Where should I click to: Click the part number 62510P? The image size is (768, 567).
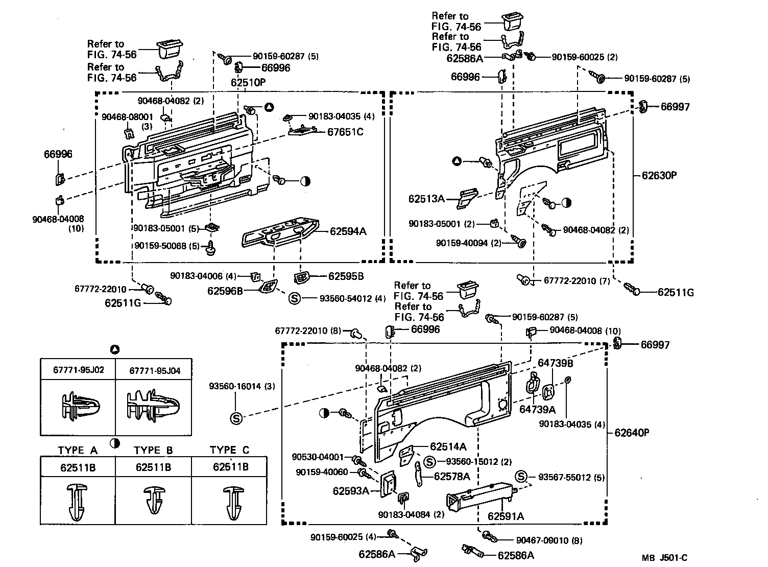249,82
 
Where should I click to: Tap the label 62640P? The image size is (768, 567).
631,433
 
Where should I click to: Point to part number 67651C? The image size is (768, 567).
345,132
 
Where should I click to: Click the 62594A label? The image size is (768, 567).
348,231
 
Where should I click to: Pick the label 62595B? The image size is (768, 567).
346,276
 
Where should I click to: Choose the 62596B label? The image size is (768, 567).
225,291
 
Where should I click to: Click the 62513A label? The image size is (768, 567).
426,198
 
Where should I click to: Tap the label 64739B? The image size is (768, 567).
556,363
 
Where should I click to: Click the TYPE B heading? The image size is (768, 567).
153,451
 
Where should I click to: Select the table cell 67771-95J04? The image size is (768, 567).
154,370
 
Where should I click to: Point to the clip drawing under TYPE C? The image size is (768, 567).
229,502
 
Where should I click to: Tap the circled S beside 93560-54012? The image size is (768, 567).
294,298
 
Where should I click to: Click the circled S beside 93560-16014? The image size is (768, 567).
236,418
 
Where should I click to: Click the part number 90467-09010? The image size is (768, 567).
541,540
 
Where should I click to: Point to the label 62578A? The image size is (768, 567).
452,477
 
